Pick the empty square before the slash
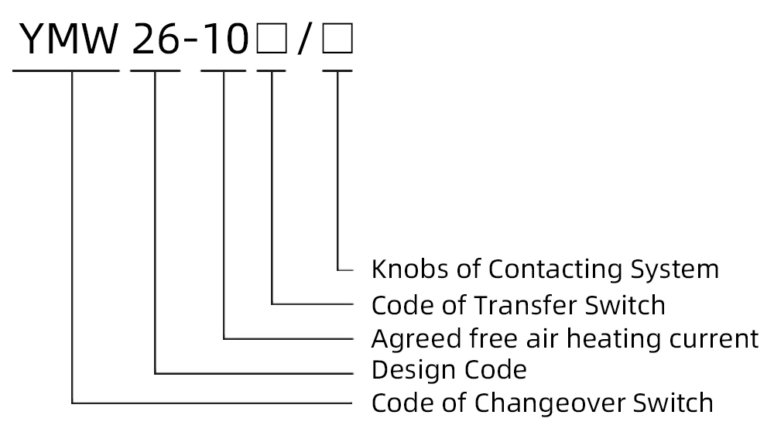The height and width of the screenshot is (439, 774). pos(272,40)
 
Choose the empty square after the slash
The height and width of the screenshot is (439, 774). pos(337,40)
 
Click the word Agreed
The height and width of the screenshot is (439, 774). pos(406,340)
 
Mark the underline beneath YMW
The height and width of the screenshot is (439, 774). pos(66,70)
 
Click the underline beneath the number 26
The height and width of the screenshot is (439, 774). pos(156,70)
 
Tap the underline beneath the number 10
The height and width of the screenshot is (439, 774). pos(223,70)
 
